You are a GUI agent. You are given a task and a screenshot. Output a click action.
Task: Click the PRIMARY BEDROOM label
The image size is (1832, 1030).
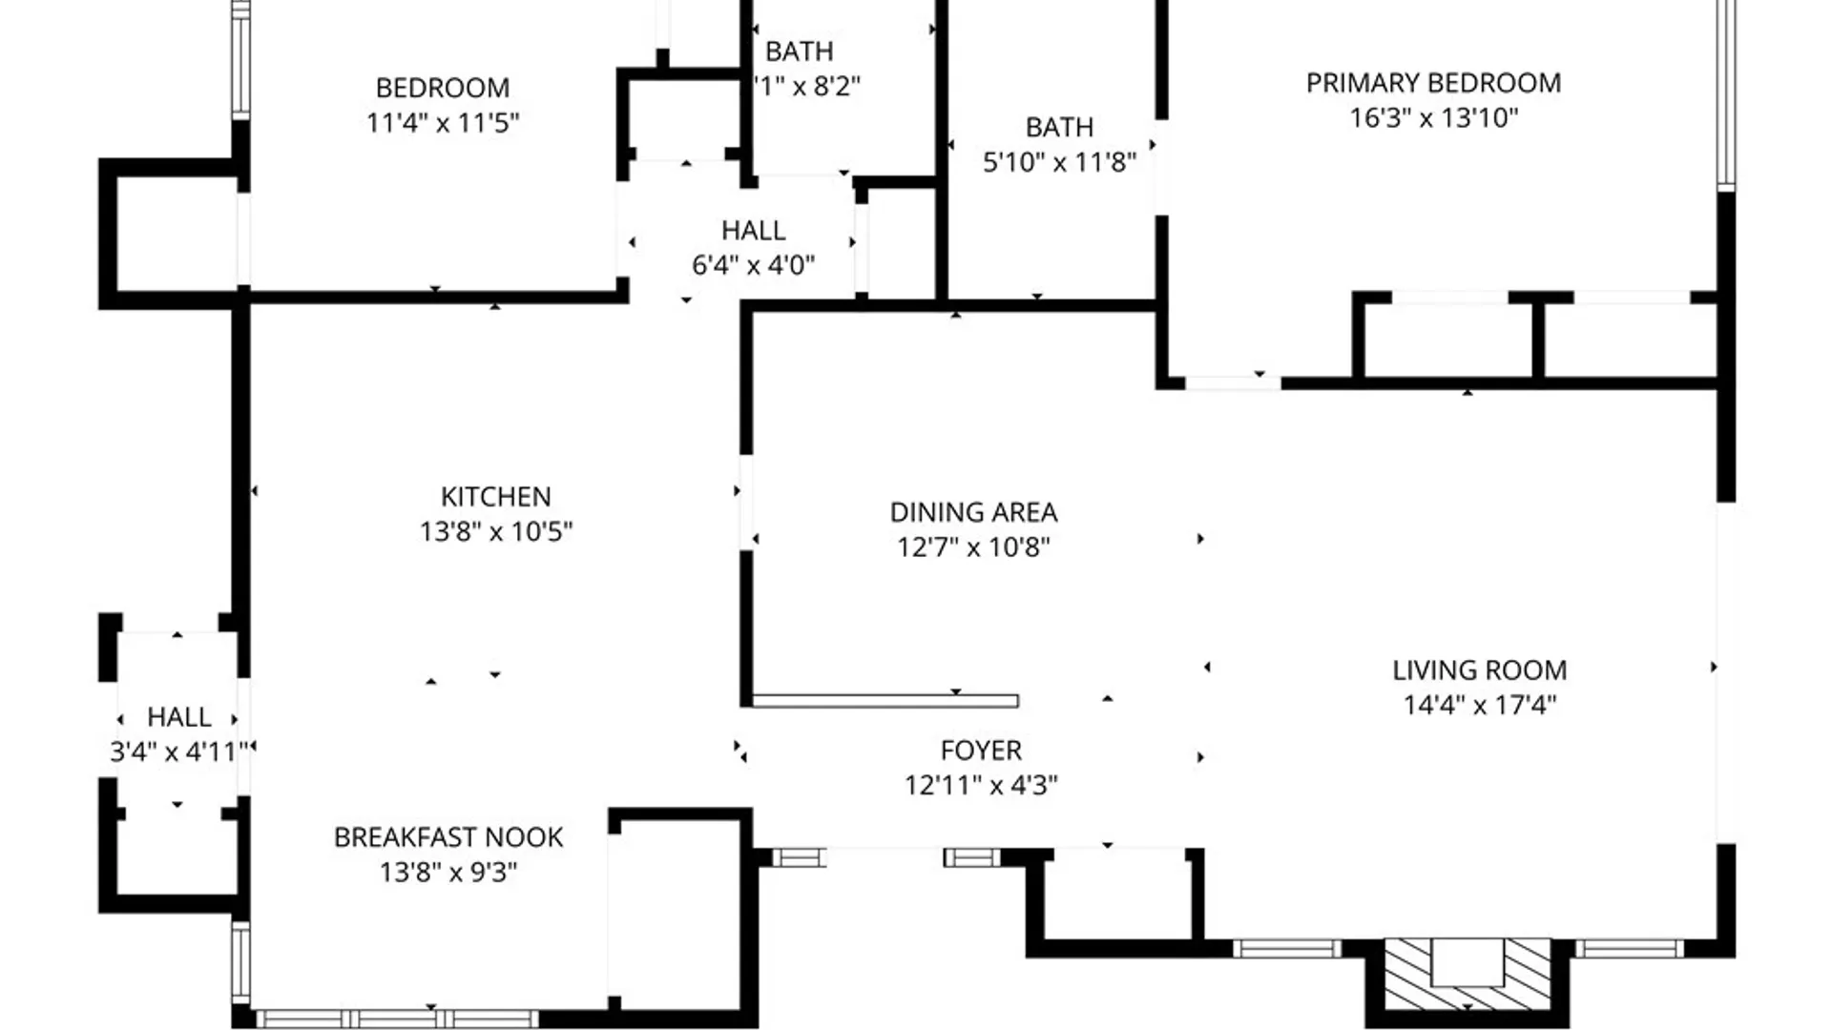coord(1433,83)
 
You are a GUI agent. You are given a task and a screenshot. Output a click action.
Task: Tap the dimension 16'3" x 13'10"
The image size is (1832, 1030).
coord(1433,118)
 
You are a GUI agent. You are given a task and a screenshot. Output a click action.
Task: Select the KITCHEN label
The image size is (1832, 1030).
coord(495,497)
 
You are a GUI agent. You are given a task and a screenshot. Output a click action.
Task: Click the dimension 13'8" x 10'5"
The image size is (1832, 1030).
coord(495,531)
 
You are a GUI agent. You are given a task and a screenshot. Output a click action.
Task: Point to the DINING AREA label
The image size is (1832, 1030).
coord(973,513)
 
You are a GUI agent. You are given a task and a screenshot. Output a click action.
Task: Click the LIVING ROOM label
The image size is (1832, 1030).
coord(1479,670)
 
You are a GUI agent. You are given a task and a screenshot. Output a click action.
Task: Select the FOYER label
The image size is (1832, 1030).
coord(981,751)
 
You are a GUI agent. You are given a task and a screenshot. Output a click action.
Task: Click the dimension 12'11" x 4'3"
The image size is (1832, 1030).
coord(981,785)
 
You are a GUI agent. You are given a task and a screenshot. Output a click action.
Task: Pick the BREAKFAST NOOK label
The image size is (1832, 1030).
coord(448,837)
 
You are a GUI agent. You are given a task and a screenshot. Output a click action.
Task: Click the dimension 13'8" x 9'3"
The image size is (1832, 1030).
coord(448,872)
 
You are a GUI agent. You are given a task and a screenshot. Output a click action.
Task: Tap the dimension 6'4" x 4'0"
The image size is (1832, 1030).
coord(753,265)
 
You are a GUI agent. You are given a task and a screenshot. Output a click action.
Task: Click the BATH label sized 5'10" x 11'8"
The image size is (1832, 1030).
coord(1059,127)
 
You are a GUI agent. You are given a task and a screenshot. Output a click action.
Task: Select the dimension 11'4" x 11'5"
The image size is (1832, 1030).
coord(443,123)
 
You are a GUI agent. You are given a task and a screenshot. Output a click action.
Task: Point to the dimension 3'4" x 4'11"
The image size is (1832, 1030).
coord(179,752)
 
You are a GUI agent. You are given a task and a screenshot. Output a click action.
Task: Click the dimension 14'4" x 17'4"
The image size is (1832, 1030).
coord(1479,705)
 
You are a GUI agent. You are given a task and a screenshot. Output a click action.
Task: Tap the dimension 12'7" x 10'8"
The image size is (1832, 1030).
coord(973,547)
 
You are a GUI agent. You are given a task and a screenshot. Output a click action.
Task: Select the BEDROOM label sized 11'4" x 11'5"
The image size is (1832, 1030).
coord(443,88)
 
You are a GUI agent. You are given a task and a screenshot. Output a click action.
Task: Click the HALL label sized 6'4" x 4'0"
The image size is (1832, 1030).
coord(753,231)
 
